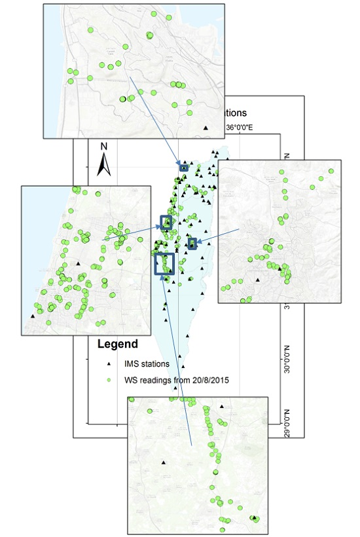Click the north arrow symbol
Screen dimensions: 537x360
point(103,166)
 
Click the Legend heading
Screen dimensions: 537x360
point(117,344)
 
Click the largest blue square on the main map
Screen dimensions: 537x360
point(164,263)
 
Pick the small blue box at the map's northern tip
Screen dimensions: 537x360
point(184,168)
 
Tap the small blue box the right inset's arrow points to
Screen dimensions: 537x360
point(192,244)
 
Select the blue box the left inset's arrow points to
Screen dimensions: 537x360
point(166,222)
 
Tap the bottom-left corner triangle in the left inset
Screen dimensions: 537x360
point(32,316)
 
